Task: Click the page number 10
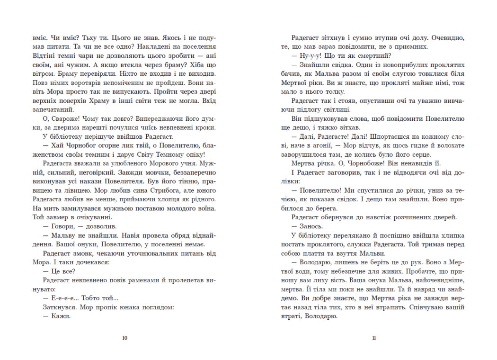click(x=124, y=338)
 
